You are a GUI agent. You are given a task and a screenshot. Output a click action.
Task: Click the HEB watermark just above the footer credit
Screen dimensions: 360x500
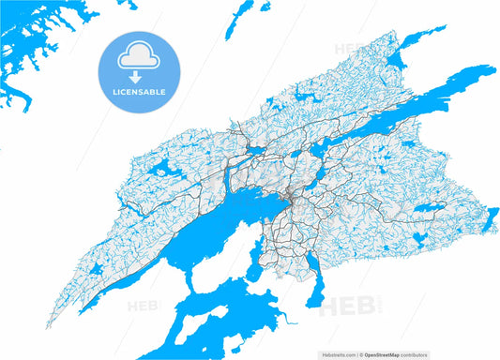pyautogui.click(x=338, y=307)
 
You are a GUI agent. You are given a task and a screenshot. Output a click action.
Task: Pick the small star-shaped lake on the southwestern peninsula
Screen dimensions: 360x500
pyautogui.click(x=98, y=268)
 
